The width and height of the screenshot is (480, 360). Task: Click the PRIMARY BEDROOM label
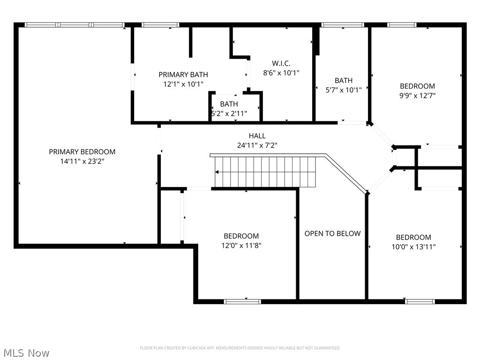pyautogui.click(x=82, y=152)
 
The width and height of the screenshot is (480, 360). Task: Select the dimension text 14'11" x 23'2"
pyautogui.click(x=82, y=161)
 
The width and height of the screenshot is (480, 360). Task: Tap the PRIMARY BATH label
pyautogui.click(x=183, y=75)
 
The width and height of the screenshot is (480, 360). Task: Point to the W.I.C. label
pyautogui.click(x=281, y=63)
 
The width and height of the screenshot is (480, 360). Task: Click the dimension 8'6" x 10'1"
pyautogui.click(x=281, y=73)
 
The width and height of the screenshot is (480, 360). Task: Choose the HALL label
pyautogui.click(x=257, y=136)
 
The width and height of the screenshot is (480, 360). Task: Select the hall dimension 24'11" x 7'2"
pyautogui.click(x=257, y=145)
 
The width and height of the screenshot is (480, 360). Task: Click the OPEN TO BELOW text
pyautogui.click(x=332, y=233)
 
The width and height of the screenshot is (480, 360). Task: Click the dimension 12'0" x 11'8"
pyautogui.click(x=241, y=245)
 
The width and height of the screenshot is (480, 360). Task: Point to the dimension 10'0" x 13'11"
pyautogui.click(x=413, y=247)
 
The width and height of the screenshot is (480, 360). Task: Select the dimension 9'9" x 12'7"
pyautogui.click(x=417, y=95)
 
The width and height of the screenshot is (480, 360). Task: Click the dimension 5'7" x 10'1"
pyautogui.click(x=344, y=90)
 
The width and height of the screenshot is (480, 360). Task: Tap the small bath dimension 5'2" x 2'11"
pyautogui.click(x=229, y=113)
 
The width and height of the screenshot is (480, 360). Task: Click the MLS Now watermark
pyautogui.click(x=26, y=352)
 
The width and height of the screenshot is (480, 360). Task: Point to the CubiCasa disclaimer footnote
pyautogui.click(x=240, y=348)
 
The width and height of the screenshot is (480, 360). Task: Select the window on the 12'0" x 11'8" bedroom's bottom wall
pyautogui.click(x=242, y=301)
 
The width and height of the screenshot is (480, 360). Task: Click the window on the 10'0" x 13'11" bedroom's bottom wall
pyautogui.click(x=420, y=301)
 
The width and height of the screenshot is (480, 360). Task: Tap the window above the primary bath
pyautogui.click(x=160, y=25)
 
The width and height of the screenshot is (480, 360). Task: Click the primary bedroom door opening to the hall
pyautogui.click(x=159, y=140)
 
